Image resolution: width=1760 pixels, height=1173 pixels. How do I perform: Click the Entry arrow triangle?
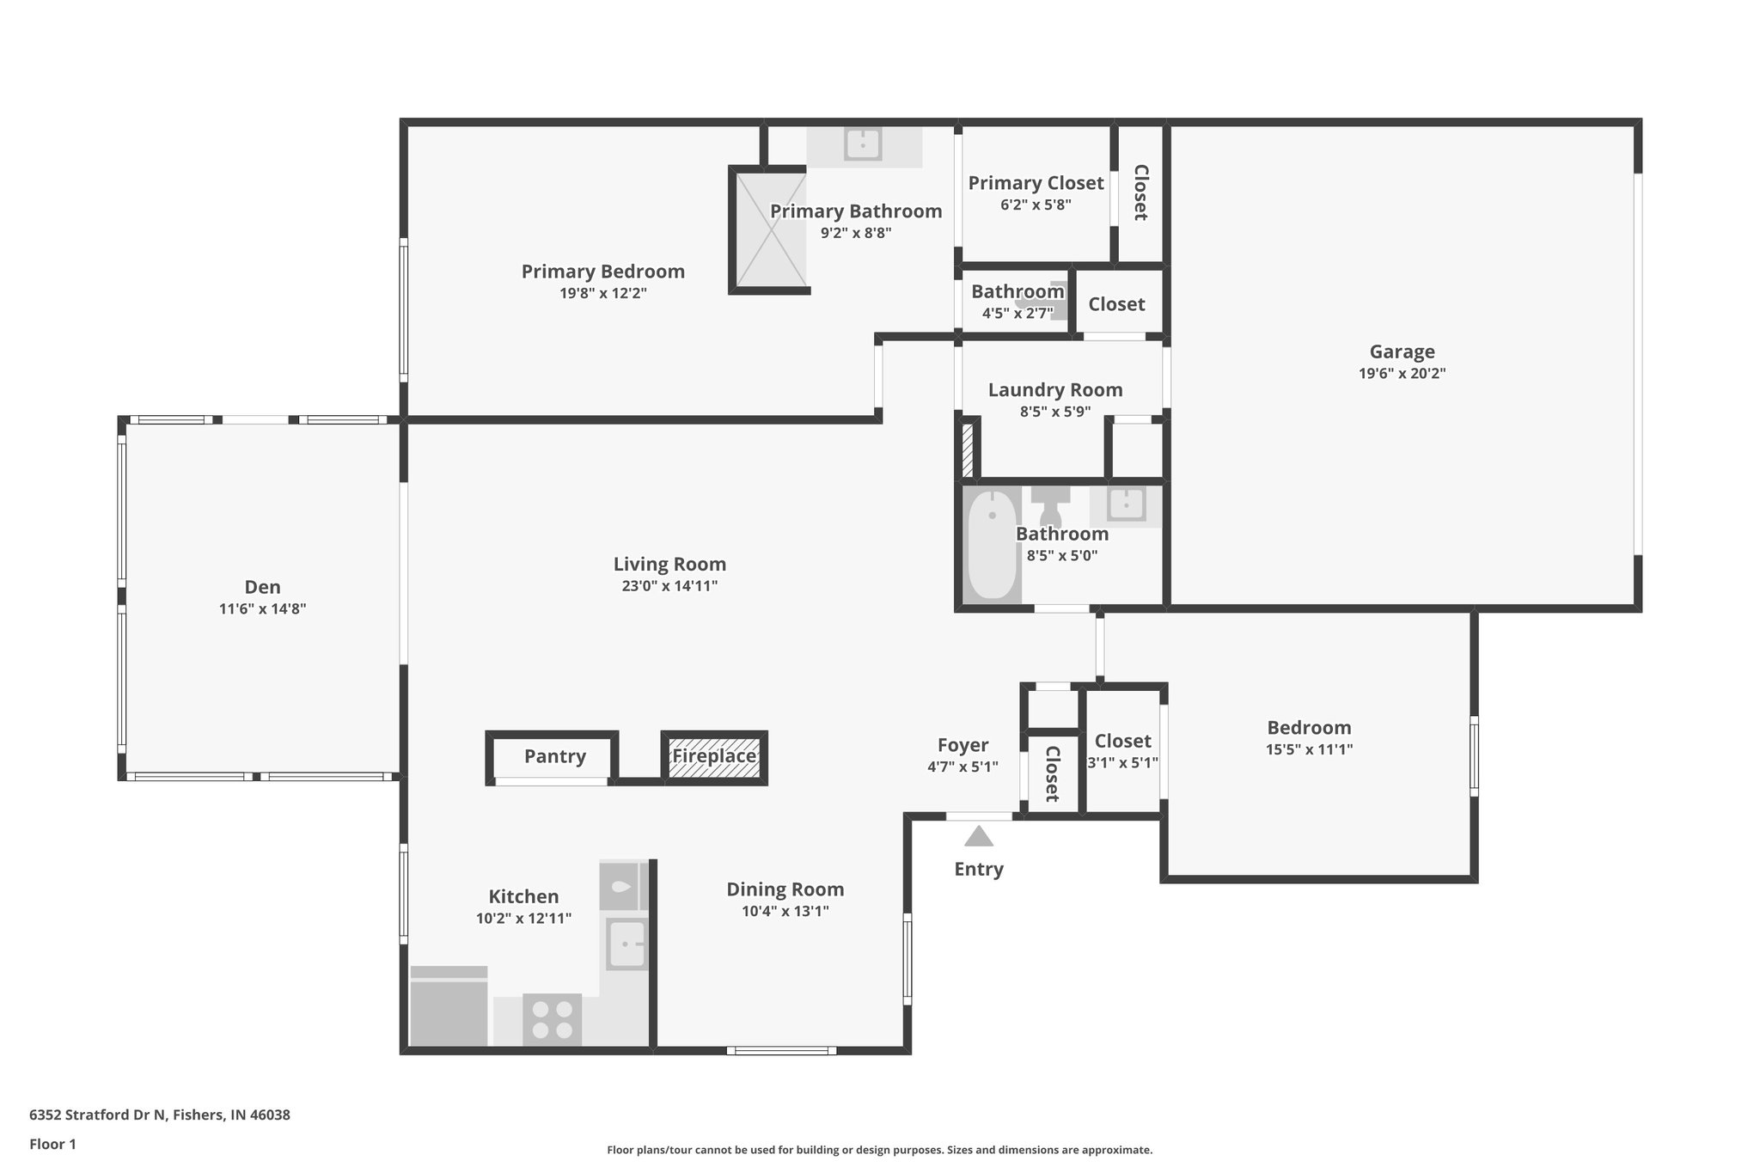979,835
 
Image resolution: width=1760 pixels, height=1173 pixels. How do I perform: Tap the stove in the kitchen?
552,1019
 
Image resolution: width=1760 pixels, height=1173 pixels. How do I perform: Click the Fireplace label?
714,756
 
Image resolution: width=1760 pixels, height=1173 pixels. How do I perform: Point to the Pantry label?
555,756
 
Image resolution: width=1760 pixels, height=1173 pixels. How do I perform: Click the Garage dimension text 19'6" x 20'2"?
1402,374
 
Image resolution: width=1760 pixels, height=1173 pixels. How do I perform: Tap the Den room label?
262,587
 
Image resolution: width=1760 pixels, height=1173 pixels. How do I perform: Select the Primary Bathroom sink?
863,144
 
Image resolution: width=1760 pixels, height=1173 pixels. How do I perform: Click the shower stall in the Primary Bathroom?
770,229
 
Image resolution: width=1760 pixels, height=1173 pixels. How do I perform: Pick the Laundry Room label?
1055,389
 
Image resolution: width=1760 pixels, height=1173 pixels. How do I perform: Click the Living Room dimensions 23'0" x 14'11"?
669,586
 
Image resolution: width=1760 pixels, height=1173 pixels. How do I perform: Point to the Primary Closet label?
1036,183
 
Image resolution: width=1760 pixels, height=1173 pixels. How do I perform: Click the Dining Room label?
785,889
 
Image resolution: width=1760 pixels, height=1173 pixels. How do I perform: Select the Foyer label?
962,745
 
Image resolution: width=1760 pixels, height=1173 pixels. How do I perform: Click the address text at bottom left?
160,1115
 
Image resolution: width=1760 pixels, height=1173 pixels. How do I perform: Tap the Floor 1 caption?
52,1144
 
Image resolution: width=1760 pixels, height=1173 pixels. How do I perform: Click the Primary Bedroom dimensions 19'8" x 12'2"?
603,293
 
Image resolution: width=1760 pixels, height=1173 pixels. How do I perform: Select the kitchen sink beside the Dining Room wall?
626,944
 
